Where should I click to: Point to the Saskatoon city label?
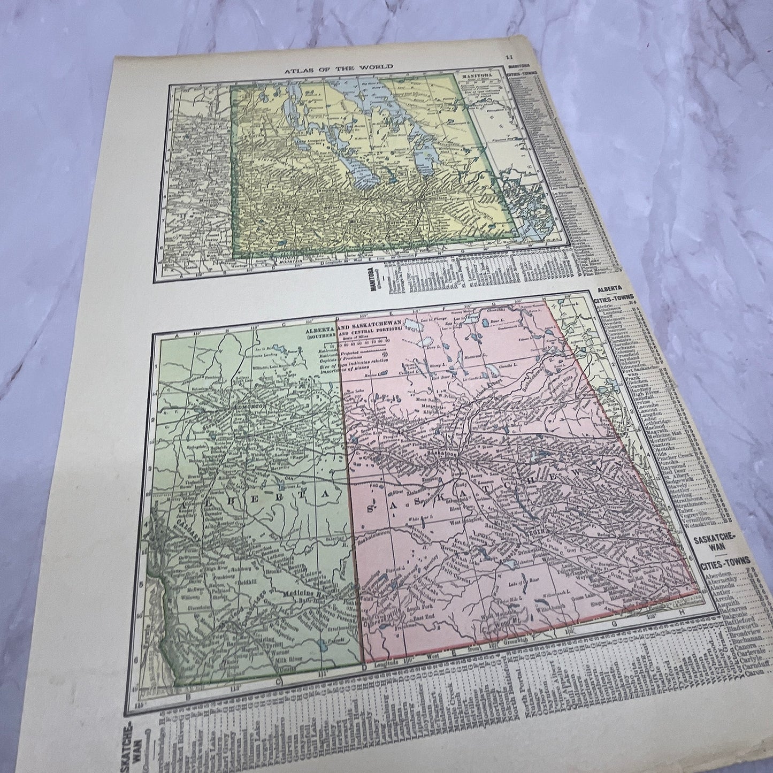click(x=441, y=453)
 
